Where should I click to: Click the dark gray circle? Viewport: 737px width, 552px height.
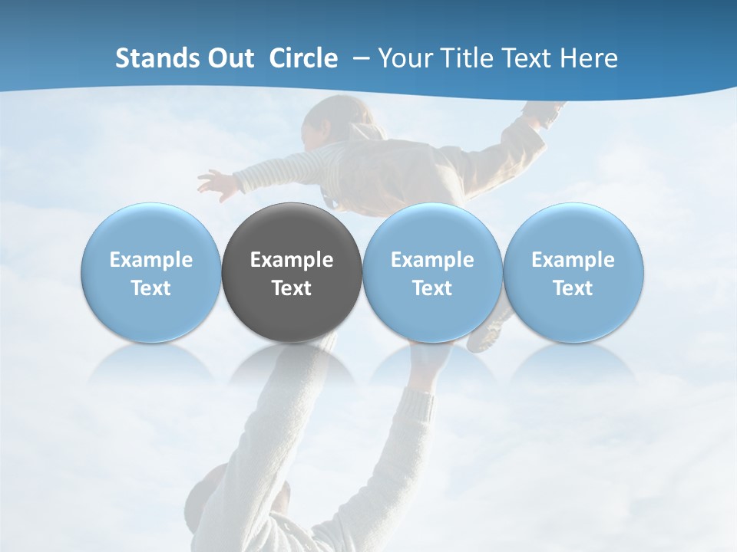[x=292, y=273]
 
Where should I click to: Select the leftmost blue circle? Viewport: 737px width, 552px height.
[x=151, y=273]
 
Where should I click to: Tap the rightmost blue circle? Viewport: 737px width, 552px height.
[x=573, y=273]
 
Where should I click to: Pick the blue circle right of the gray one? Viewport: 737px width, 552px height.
[x=432, y=273]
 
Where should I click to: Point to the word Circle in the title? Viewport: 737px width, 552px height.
[x=303, y=58]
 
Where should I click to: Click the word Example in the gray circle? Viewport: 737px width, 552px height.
[x=292, y=260]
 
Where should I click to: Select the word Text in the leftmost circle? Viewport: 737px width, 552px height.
[x=151, y=288]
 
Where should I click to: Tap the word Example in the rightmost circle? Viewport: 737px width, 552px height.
[x=573, y=260]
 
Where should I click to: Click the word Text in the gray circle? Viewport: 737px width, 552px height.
[x=292, y=288]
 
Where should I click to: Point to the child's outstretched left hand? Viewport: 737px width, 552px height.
[x=213, y=183]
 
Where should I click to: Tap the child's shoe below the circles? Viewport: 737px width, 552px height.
[x=487, y=334]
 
